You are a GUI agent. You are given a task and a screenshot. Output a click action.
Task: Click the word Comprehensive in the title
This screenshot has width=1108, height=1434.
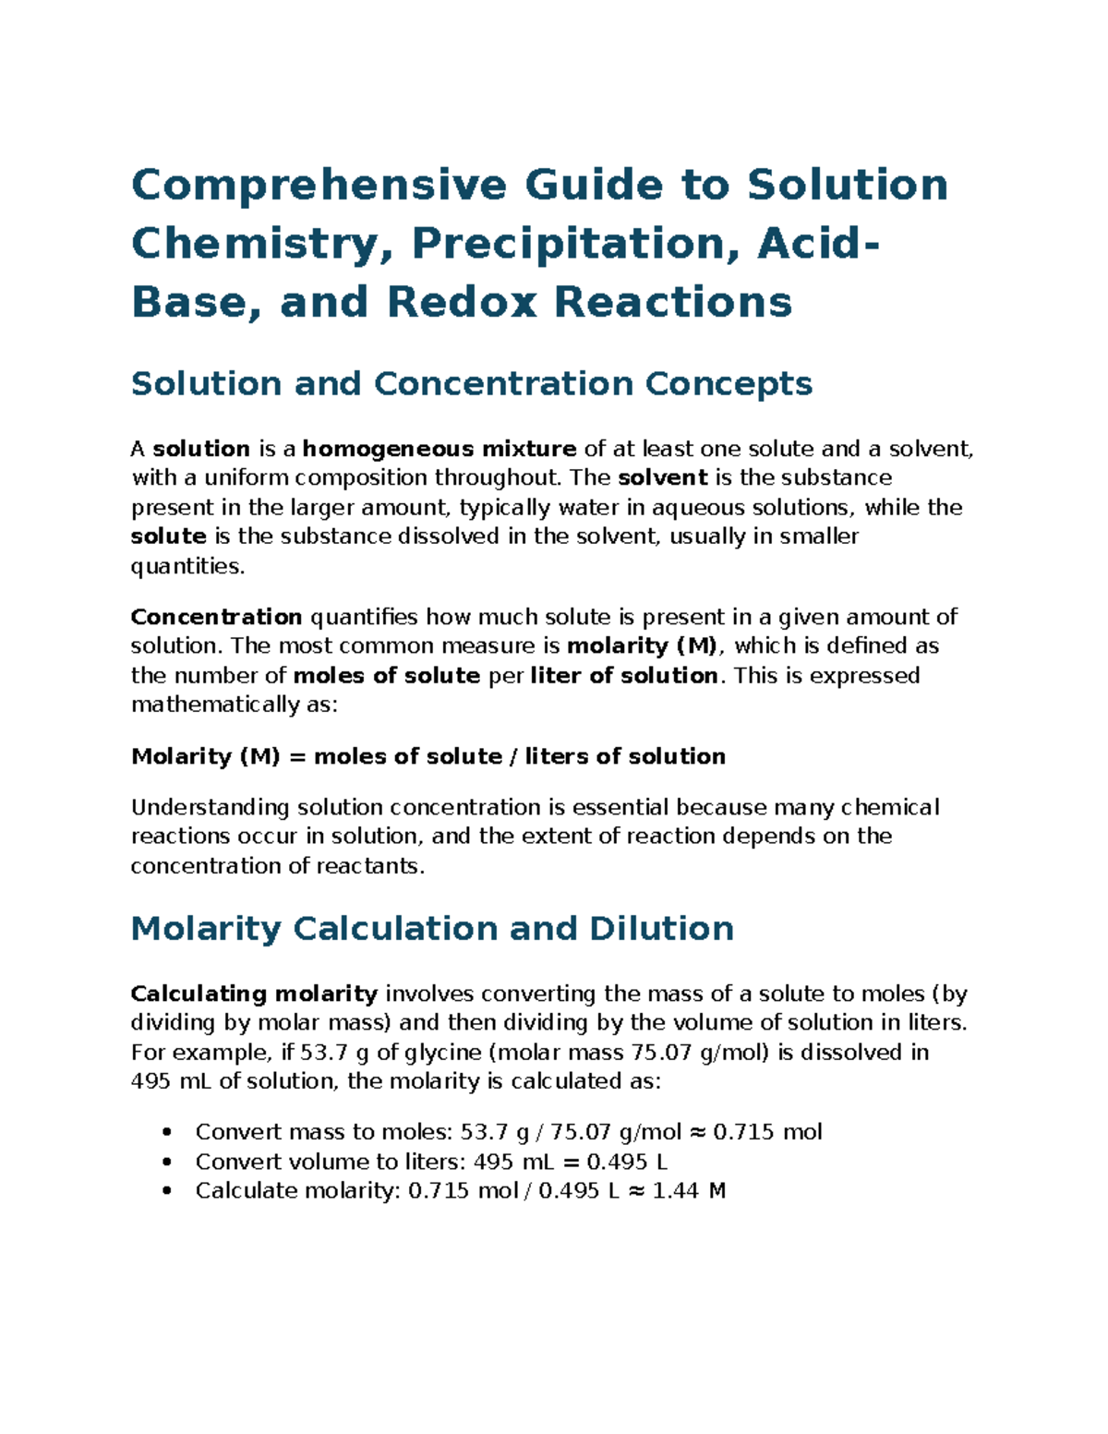pyautogui.click(x=319, y=185)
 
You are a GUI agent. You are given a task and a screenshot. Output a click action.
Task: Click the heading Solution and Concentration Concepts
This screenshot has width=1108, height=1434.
pyautogui.click(x=471, y=383)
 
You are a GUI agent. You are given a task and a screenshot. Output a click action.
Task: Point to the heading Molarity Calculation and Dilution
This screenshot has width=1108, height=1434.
pyautogui.click(x=432, y=928)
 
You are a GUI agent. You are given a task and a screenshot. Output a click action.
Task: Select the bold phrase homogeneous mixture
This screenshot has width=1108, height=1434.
pyautogui.click(x=440, y=450)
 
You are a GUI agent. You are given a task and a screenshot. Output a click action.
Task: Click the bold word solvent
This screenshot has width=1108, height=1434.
pyautogui.click(x=662, y=478)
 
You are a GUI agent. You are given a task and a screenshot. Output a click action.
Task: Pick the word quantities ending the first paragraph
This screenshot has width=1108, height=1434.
pyautogui.click(x=187, y=567)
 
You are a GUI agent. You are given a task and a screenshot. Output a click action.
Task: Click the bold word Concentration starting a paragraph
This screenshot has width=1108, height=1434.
pyautogui.click(x=216, y=617)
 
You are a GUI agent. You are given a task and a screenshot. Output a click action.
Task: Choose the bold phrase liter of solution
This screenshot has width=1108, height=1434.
pyautogui.click(x=624, y=676)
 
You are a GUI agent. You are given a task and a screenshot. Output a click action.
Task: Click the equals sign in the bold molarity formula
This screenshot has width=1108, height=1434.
pyautogui.click(x=296, y=757)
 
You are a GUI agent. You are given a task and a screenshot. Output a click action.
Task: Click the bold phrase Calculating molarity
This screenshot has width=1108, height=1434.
pyautogui.click(x=254, y=994)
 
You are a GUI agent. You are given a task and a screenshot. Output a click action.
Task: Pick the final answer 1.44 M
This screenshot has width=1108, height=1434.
pyautogui.click(x=689, y=1191)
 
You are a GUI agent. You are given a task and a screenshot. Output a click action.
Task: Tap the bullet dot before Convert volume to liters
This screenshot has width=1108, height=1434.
pyautogui.click(x=166, y=1162)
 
